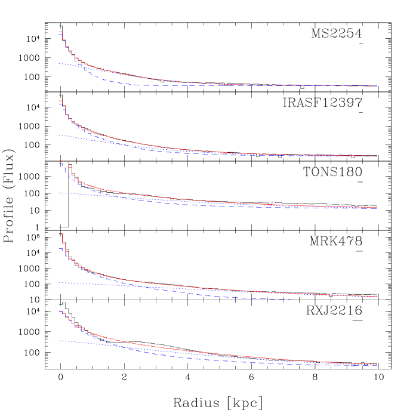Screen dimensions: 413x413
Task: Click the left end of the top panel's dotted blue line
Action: click(x=59, y=63)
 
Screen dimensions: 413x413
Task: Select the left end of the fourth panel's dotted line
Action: click(x=59, y=283)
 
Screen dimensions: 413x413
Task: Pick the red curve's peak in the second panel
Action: click(x=60, y=101)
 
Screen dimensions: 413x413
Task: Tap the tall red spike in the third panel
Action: click(x=69, y=162)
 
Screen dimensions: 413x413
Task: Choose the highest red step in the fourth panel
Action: click(x=60, y=234)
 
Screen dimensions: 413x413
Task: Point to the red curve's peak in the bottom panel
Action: click(x=60, y=312)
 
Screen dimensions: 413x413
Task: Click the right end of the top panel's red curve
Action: click(x=377, y=86)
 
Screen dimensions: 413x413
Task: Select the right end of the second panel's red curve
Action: click(x=377, y=156)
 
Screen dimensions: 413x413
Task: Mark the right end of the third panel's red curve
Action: click(x=377, y=207)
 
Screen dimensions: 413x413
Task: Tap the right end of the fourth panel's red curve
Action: click(x=377, y=296)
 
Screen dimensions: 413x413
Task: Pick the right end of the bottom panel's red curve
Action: click(x=377, y=363)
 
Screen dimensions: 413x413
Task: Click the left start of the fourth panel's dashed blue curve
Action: click(x=59, y=248)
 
